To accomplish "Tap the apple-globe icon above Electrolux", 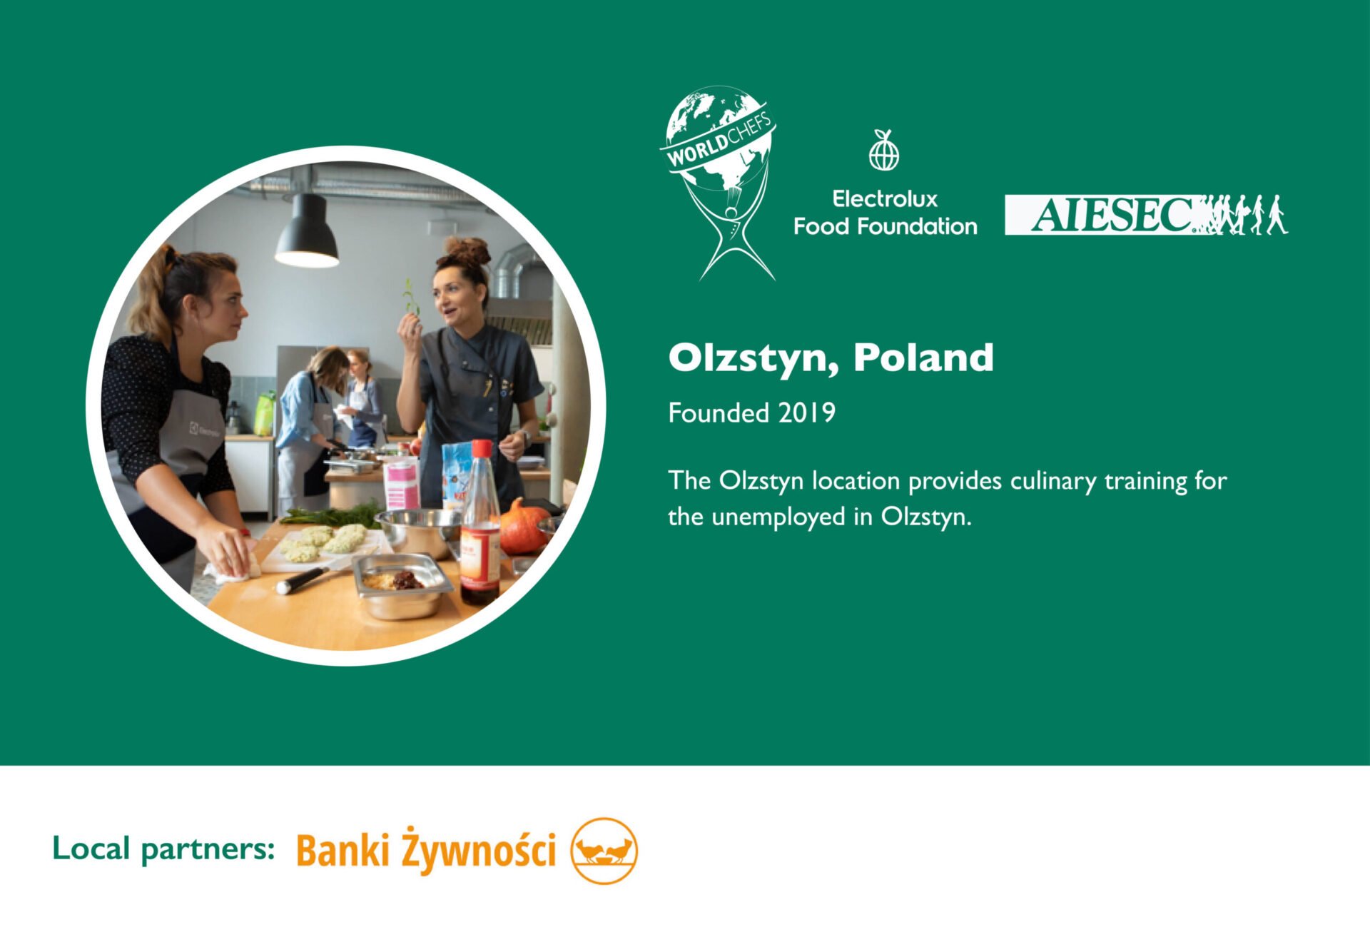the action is (884, 151).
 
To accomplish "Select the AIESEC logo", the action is (1147, 215).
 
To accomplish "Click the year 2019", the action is (807, 412).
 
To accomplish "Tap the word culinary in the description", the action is (1053, 482).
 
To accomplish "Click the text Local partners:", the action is (163, 849).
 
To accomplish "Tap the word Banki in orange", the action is (342, 851).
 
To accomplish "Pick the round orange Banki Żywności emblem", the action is (604, 851).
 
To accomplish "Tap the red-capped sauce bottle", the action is (479, 522).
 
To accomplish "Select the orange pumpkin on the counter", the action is (523, 527).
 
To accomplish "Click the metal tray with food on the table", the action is (402, 585).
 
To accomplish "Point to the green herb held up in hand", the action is (410, 297).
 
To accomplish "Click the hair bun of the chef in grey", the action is (468, 251).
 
